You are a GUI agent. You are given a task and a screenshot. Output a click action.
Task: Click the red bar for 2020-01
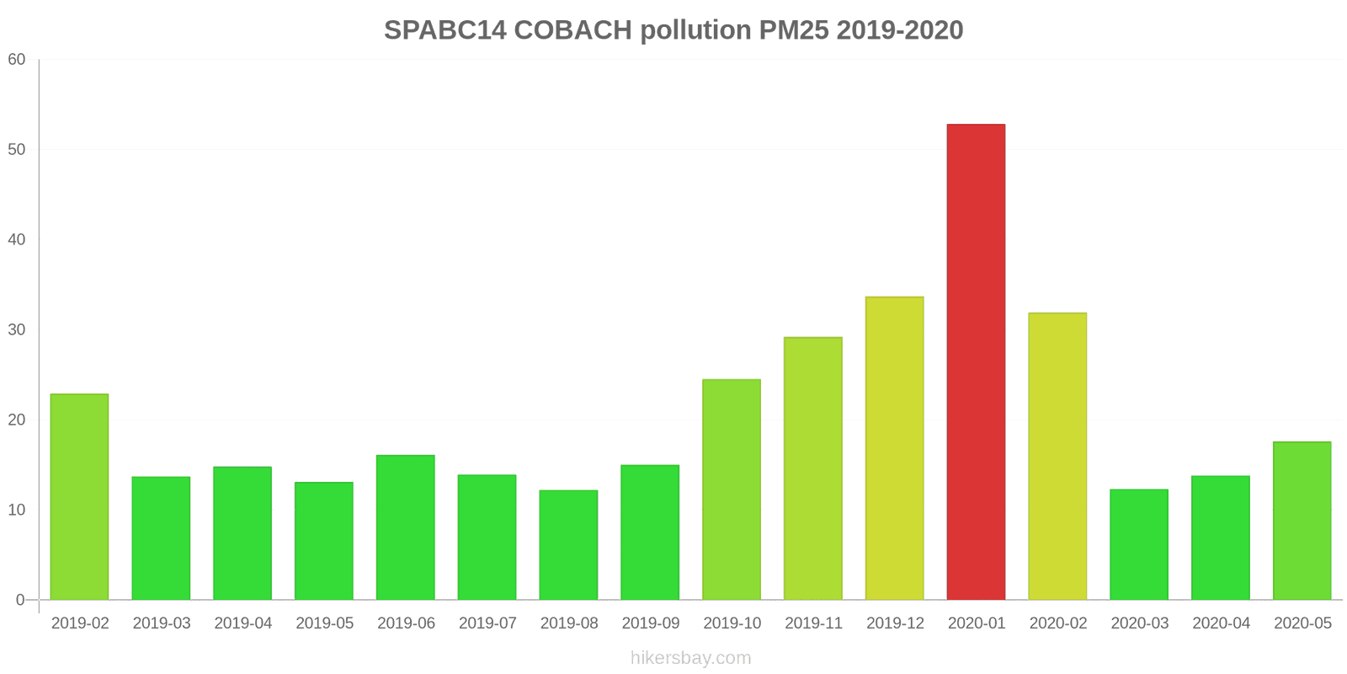(x=976, y=362)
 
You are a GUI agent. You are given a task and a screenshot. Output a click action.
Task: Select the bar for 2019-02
(x=79, y=497)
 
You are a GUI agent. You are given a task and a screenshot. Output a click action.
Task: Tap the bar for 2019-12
(x=894, y=448)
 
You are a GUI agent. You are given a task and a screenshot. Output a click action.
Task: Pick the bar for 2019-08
(x=568, y=545)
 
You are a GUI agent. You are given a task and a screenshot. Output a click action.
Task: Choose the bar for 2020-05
(x=1302, y=521)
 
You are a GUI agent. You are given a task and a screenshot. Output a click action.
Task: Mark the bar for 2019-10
(x=732, y=489)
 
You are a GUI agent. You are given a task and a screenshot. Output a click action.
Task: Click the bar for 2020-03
(x=1139, y=544)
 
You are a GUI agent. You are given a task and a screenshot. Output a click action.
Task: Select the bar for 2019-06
(x=406, y=527)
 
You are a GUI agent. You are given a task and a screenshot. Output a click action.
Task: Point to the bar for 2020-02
(x=1057, y=457)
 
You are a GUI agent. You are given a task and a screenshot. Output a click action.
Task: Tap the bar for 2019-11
(x=812, y=468)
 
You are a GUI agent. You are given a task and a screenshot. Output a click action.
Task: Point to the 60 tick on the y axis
(x=17, y=60)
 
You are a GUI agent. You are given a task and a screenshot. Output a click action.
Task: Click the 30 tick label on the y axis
(x=17, y=330)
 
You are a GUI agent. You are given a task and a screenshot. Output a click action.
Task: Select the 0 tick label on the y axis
(x=20, y=600)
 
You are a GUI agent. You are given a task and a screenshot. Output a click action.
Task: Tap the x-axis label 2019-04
(x=242, y=623)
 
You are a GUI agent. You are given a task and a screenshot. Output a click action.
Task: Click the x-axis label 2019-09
(x=650, y=623)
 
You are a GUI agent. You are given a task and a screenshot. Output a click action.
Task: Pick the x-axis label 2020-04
(x=1221, y=623)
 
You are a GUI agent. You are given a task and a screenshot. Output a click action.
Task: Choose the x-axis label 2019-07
(x=487, y=623)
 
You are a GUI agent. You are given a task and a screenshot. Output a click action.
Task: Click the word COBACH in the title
(x=572, y=30)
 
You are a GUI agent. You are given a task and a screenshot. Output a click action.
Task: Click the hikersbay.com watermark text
(x=690, y=658)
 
